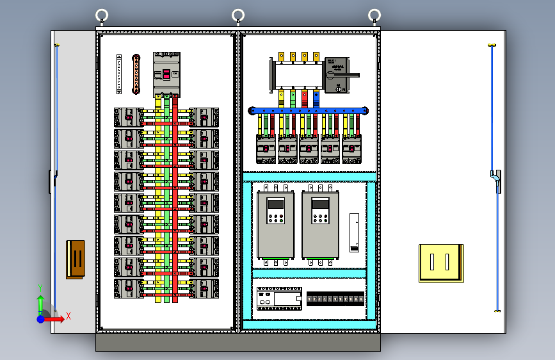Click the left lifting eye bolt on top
(102, 16)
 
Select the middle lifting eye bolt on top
(238, 16)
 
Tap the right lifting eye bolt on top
(375, 16)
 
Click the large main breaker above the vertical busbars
(166, 74)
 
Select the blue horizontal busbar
(309, 111)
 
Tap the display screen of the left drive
(276, 205)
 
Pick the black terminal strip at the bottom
(335, 299)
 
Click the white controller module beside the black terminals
(278, 299)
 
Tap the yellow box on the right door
(441, 263)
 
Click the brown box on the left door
(76, 259)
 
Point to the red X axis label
(68, 315)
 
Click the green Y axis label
(40, 288)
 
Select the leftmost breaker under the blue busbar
(266, 149)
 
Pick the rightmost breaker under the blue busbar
(351, 149)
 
